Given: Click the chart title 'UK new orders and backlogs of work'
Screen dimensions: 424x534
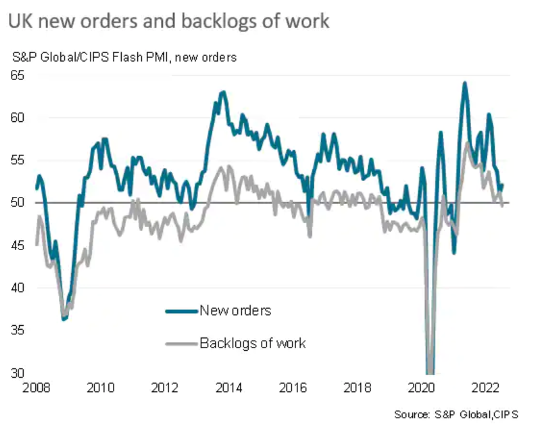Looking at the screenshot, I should tap(169, 21).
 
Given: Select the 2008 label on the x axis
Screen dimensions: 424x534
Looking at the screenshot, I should tap(36, 387).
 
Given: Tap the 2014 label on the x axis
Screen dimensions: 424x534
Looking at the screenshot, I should tap(228, 387).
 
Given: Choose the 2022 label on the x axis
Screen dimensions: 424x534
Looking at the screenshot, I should tap(485, 387).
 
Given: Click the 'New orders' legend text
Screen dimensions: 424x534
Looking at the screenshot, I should tap(235, 311).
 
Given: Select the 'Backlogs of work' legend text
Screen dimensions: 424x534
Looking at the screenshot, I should tap(253, 343).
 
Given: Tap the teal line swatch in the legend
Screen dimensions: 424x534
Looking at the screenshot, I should tap(181, 312).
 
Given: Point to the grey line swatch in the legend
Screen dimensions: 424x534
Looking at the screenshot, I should tap(181, 344).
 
